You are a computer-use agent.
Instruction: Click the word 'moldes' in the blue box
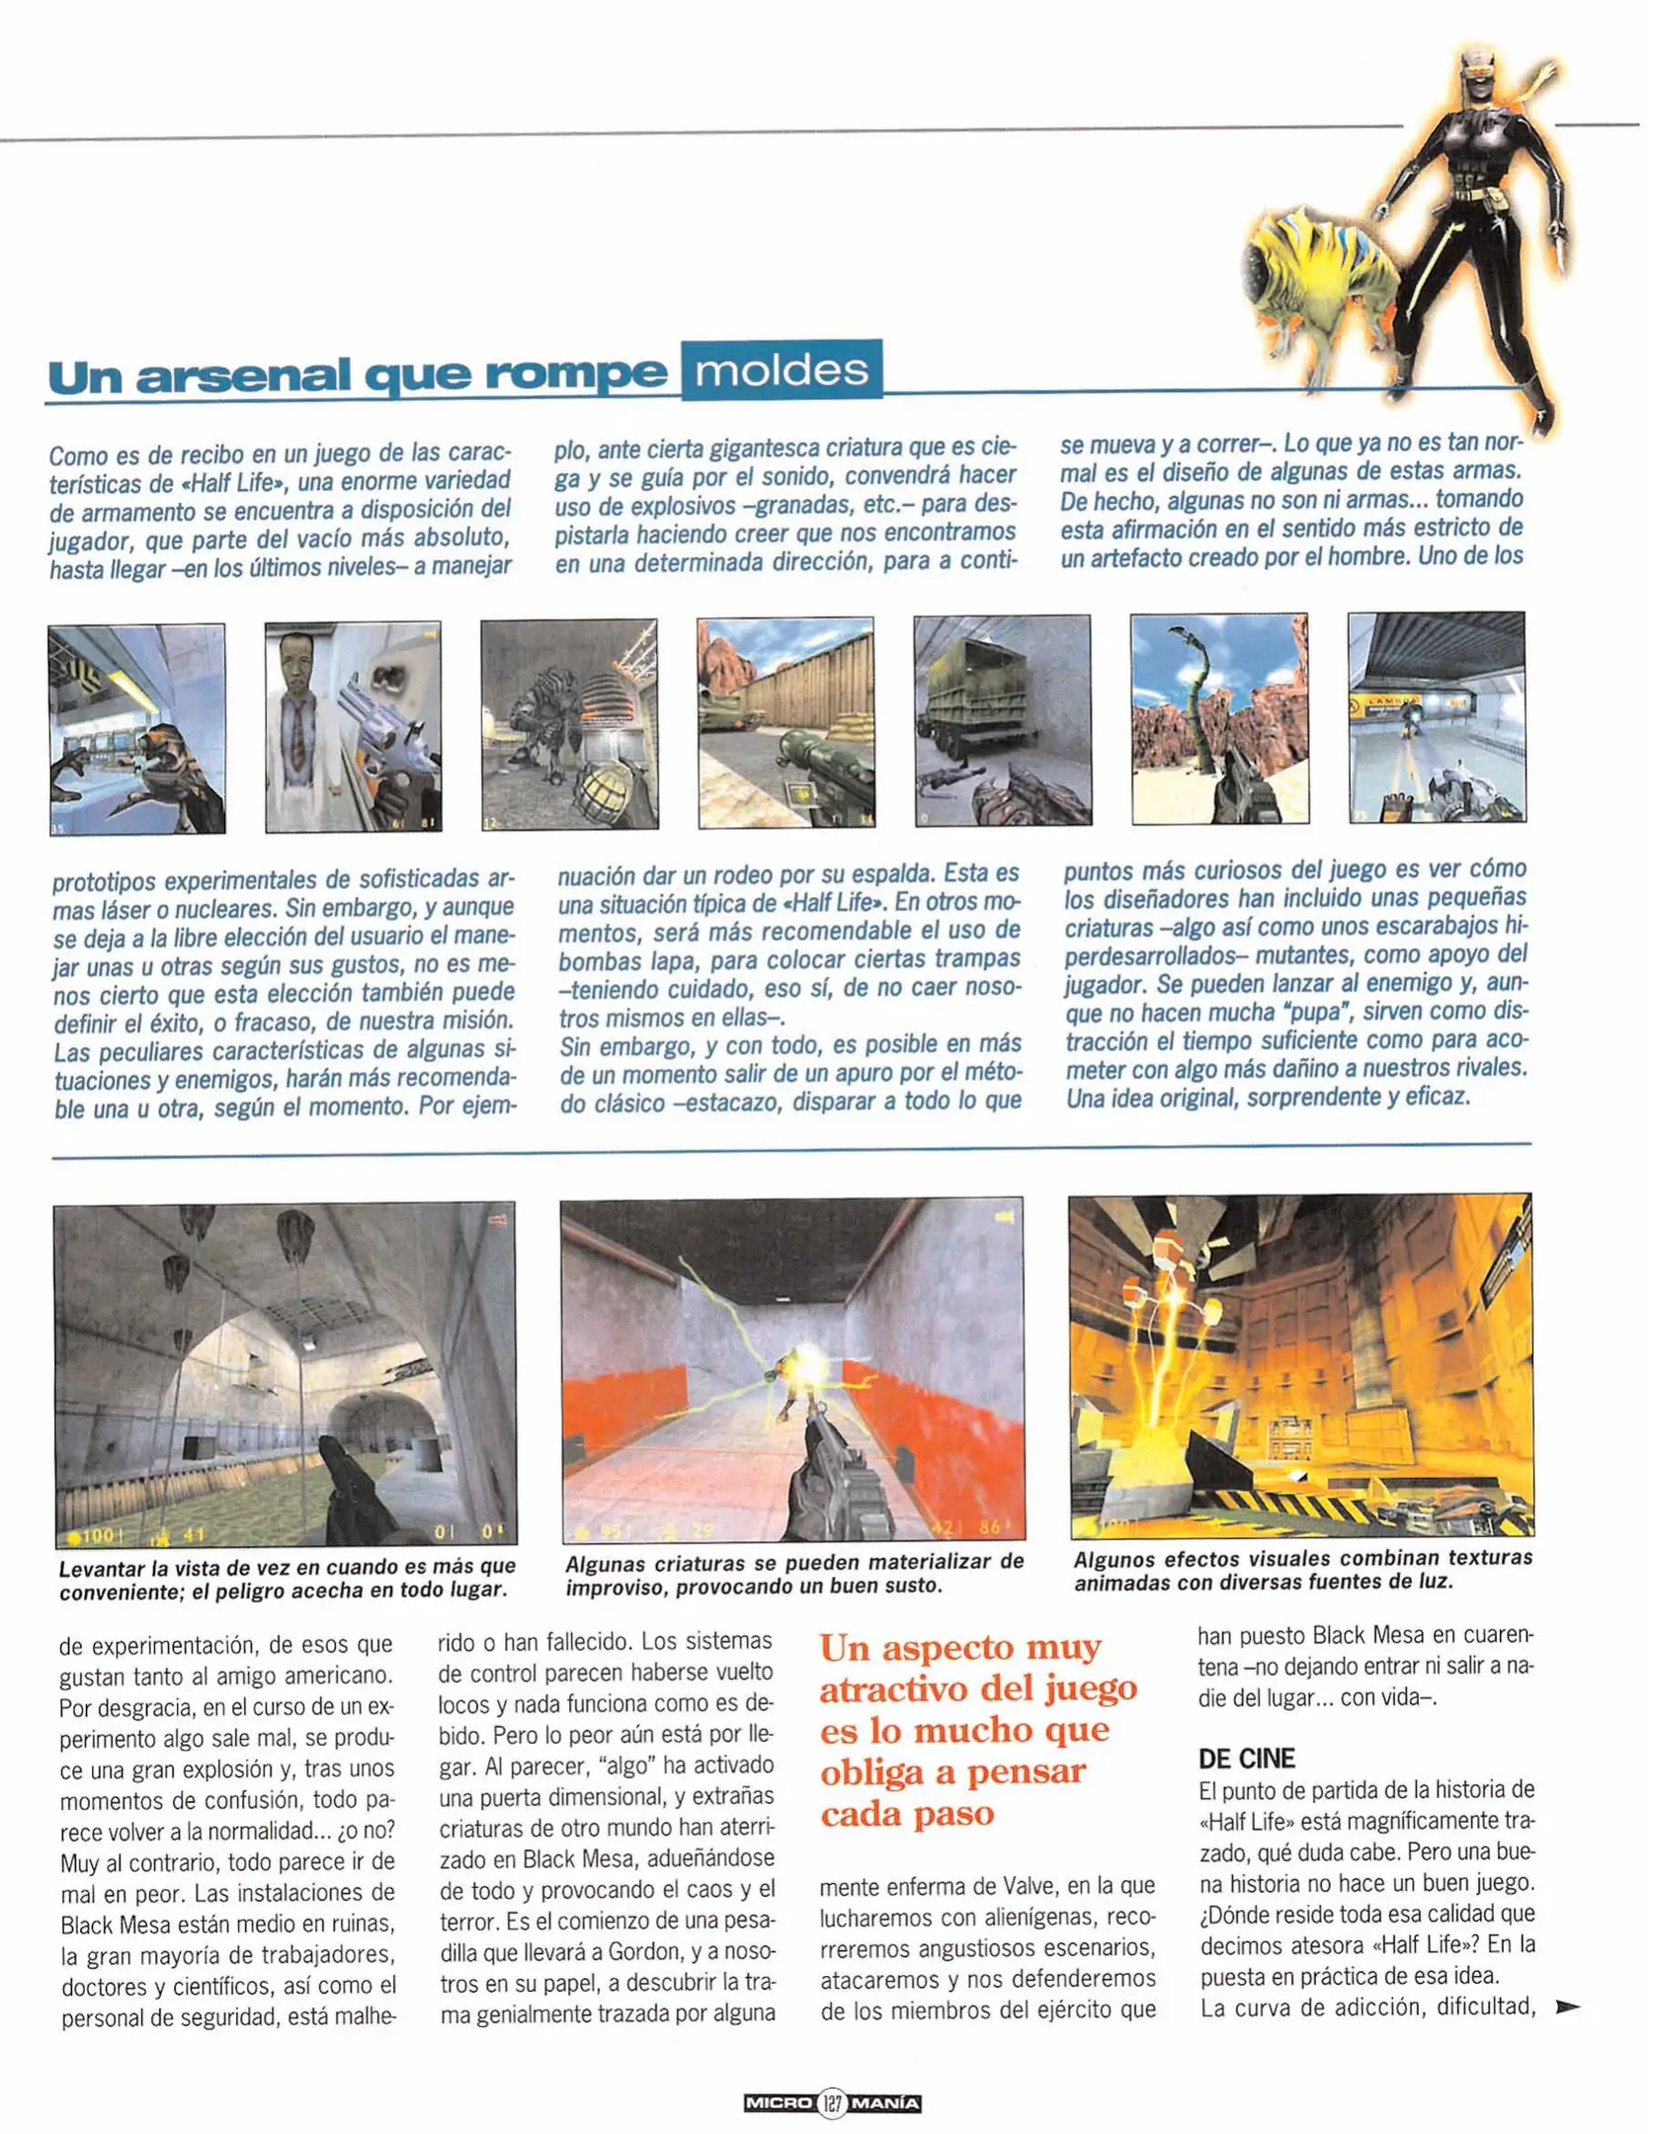tap(781, 371)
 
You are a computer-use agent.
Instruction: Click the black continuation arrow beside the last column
tap(1566, 2007)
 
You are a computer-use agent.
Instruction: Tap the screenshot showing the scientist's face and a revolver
tap(353, 727)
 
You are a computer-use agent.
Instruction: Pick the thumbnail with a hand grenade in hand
tap(569, 724)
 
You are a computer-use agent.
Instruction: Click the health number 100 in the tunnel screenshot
tap(98, 1535)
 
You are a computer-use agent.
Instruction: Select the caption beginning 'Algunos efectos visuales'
tap(1301, 1570)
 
